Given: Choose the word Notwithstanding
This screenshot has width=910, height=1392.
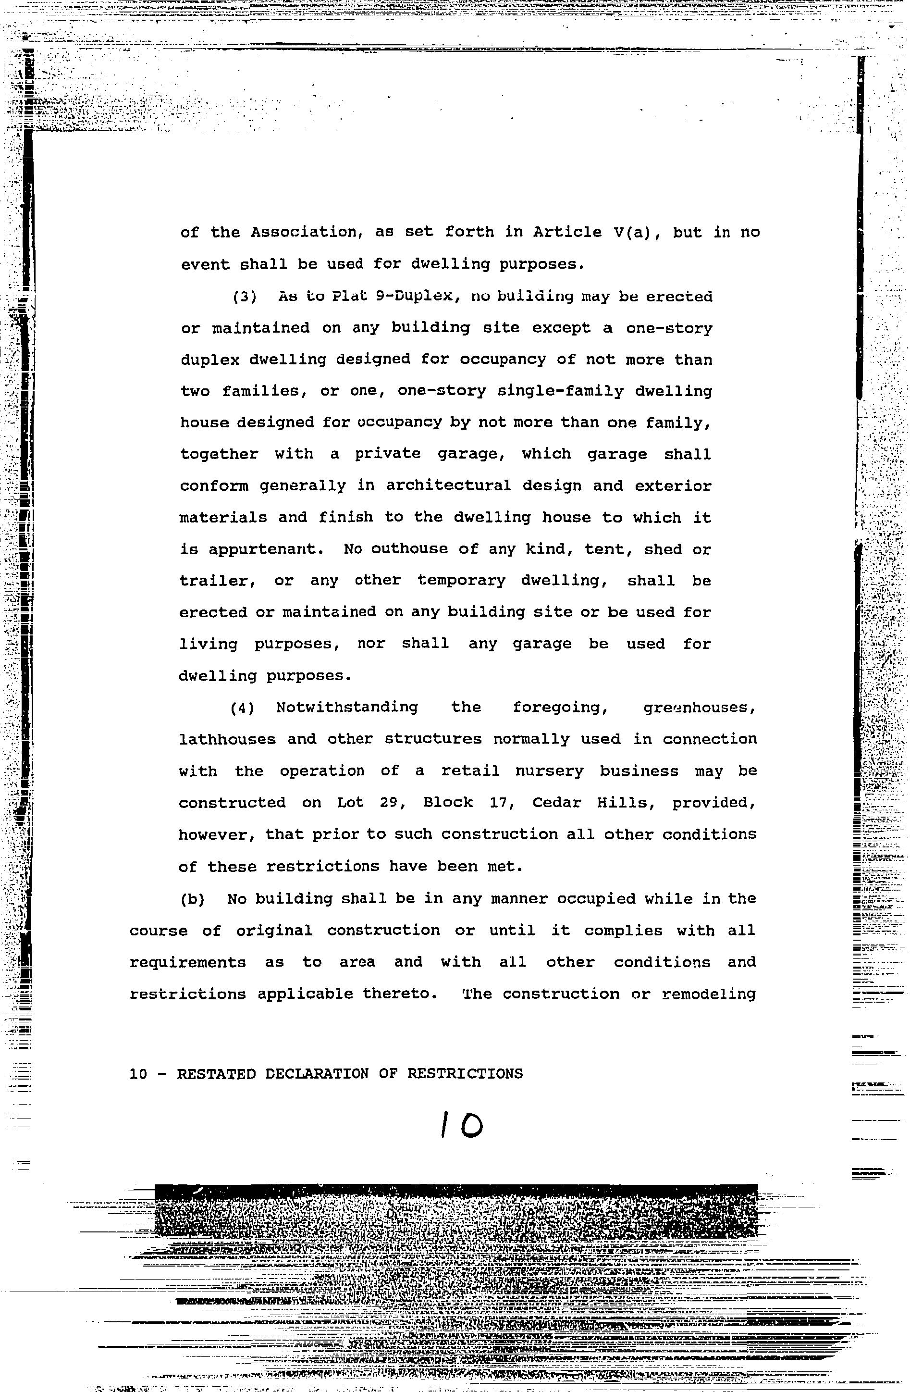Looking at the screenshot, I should click(x=347, y=708).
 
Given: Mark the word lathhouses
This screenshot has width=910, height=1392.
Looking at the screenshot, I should click(x=227, y=740).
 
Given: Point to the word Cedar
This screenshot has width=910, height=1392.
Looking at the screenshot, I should click(x=556, y=803).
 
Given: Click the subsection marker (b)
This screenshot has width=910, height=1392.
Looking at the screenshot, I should click(x=193, y=899).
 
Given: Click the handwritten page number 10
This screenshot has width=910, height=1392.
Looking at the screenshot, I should click(x=462, y=1125).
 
